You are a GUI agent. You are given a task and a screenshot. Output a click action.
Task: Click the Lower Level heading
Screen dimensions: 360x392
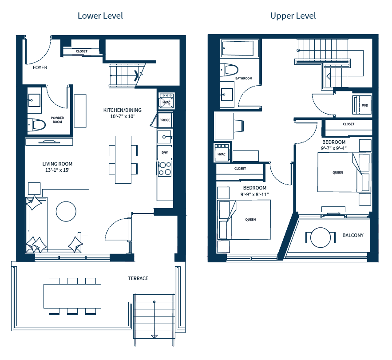click(100, 16)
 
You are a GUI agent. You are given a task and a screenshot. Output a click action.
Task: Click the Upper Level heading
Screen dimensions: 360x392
click(293, 16)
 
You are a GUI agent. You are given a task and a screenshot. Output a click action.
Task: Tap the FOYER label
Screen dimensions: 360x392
click(40, 68)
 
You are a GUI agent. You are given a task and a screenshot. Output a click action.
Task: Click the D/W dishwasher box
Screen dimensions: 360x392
click(165, 152)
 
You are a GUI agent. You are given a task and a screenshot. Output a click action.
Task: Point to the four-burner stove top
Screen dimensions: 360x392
click(165, 168)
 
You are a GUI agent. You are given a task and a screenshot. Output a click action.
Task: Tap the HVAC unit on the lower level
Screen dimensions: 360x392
click(166, 101)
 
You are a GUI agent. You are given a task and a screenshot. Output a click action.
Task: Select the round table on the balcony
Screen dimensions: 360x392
click(320, 237)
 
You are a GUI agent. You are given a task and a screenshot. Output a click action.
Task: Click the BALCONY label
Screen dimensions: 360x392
click(353, 235)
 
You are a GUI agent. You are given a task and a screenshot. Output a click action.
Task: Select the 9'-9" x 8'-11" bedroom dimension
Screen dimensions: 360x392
click(255, 194)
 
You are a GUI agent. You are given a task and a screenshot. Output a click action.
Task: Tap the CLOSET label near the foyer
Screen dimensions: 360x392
click(82, 51)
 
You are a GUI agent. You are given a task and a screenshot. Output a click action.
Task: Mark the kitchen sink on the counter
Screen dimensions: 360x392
click(165, 136)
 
